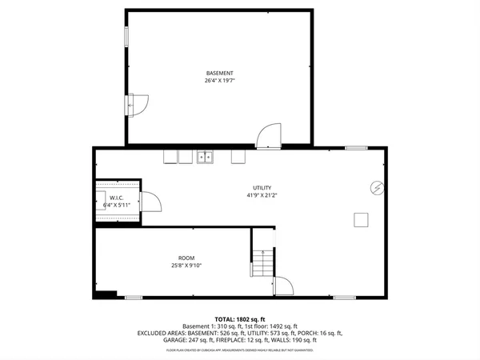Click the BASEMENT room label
219,73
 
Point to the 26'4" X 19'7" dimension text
219,81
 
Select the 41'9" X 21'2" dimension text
258,196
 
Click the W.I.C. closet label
116,198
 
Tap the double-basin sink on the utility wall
206,157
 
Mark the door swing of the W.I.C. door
151,202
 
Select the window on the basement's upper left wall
125,37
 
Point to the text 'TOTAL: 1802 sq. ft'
239,319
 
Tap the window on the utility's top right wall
356,147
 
